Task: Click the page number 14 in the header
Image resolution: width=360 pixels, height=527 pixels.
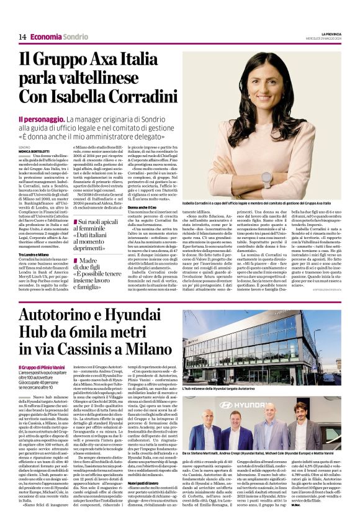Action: [x=22, y=37]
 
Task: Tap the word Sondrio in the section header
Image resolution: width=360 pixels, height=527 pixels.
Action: [x=75, y=37]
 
